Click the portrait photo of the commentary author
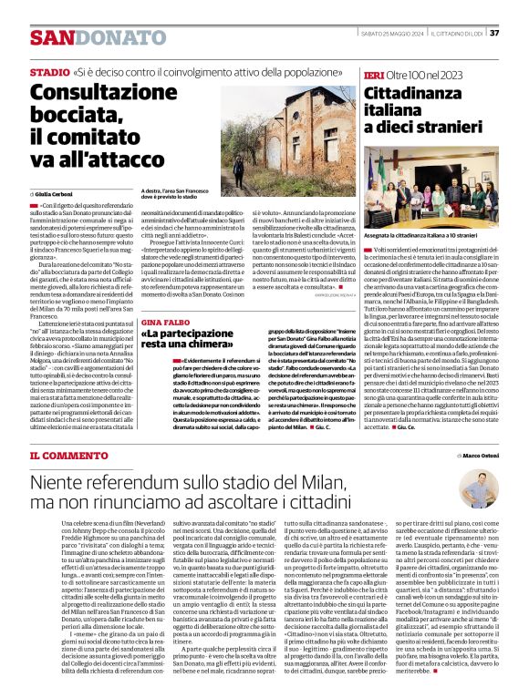476,488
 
